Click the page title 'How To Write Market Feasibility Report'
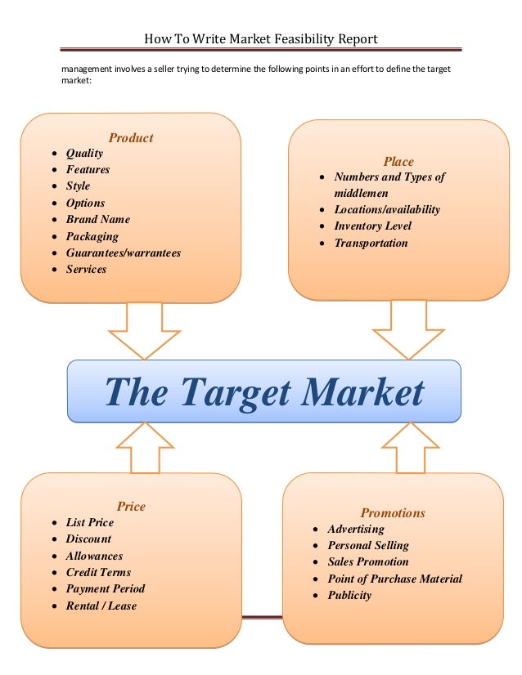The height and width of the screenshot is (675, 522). pos(260,39)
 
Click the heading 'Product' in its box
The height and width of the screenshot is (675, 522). pos(131,138)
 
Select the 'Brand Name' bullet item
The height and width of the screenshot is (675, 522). pos(97,220)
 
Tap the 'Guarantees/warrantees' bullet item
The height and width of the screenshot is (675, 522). pos(123,253)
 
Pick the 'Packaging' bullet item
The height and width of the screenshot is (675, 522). pos(92,237)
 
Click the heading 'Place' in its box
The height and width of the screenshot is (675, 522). pos(398,162)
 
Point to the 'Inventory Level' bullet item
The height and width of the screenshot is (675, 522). pos(372,226)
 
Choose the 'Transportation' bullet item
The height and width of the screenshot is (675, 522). pos(371,244)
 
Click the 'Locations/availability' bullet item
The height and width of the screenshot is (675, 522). pos(386,210)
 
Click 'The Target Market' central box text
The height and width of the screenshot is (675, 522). pos(264,391)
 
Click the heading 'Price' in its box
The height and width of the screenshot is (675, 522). pos(131,506)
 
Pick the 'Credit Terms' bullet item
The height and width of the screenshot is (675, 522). pos(98,573)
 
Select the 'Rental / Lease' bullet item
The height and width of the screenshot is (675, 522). pos(101,606)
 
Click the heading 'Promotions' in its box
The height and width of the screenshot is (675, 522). pos(393,513)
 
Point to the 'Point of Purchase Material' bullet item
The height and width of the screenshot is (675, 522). pos(394,579)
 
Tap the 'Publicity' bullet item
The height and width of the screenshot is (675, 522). pos(349,596)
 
